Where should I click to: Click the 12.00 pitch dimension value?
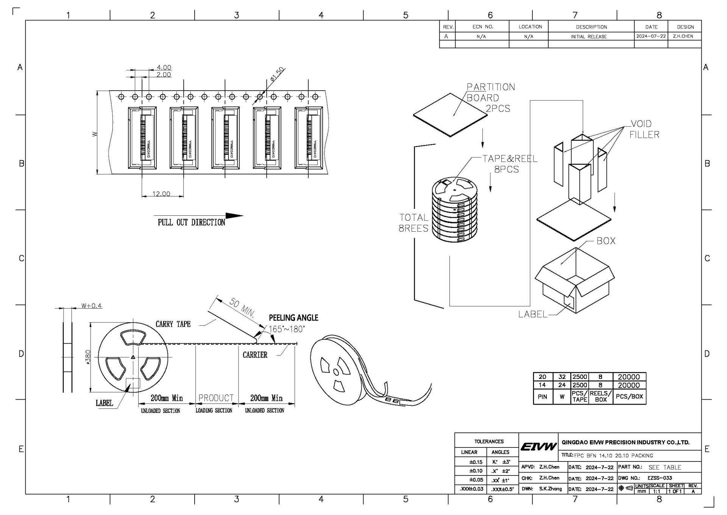pyautogui.click(x=161, y=194)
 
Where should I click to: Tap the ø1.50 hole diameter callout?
pyautogui.click(x=277, y=74)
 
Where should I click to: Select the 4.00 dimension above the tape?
pyautogui.click(x=164, y=68)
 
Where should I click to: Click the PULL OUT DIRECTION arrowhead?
pyautogui.click(x=234, y=216)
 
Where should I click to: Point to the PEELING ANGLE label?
pyautogui.click(x=293, y=318)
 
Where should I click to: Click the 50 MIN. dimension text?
pyautogui.click(x=242, y=307)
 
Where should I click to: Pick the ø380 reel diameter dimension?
pyautogui.click(x=88, y=357)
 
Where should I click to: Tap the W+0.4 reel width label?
pyautogui.click(x=92, y=306)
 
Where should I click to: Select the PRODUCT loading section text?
pyautogui.click(x=216, y=398)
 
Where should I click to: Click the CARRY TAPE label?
pyautogui.click(x=173, y=324)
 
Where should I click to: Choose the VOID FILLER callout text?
pyautogui.click(x=644, y=129)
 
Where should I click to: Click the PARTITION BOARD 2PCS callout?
pyautogui.click(x=490, y=98)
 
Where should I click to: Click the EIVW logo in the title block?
pyautogui.click(x=538, y=446)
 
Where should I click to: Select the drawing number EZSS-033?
pyautogui.click(x=660, y=478)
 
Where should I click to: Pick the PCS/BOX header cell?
pyautogui.click(x=629, y=396)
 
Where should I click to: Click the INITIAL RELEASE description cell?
pyautogui.click(x=588, y=37)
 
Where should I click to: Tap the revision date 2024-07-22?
pyautogui.click(x=651, y=36)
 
